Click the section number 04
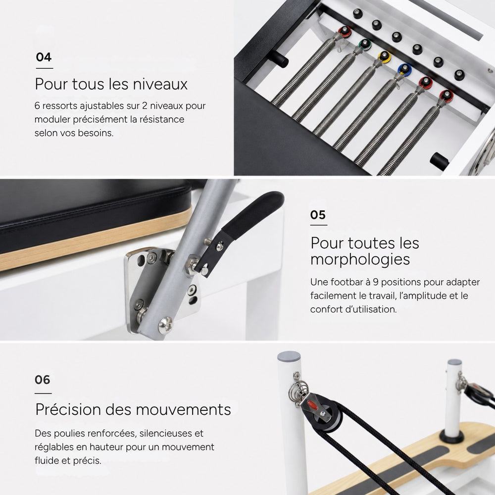(x=44, y=57)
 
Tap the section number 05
(x=318, y=215)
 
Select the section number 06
(x=42, y=380)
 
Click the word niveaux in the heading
(x=160, y=84)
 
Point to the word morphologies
(x=360, y=259)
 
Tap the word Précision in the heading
(x=68, y=409)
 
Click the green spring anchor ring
(x=365, y=44)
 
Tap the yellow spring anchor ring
(x=384, y=57)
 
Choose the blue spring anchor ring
(x=404, y=69)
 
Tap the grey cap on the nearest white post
(x=289, y=356)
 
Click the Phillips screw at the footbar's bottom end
(x=165, y=325)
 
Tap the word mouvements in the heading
(x=184, y=409)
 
